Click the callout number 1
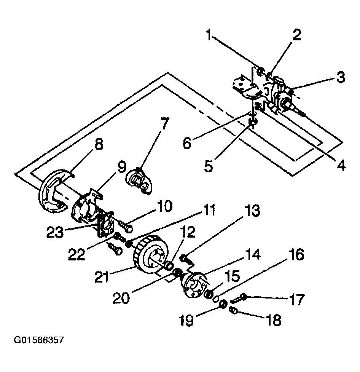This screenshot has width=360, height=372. (209, 35)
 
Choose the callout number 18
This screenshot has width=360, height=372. (274, 320)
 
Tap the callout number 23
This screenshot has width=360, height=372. (55, 232)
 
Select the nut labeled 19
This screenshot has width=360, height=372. (223, 304)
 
